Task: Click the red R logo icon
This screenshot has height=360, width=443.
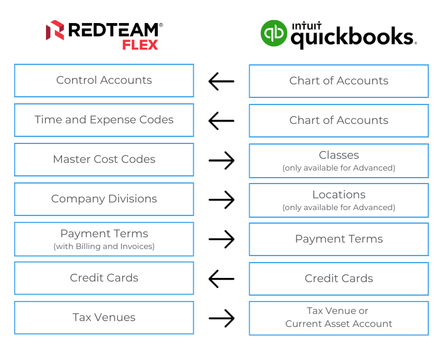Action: tap(55, 31)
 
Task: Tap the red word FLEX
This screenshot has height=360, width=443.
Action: tap(139, 45)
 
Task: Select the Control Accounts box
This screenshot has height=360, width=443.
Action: tap(104, 80)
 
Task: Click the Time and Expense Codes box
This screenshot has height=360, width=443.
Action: tap(104, 120)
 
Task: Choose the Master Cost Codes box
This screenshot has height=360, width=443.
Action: tap(104, 159)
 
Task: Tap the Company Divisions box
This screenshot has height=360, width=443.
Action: tap(104, 199)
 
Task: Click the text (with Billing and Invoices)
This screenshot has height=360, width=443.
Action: tap(104, 247)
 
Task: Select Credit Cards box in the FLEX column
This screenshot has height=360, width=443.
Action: tap(104, 278)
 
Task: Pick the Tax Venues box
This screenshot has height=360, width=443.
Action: tap(104, 318)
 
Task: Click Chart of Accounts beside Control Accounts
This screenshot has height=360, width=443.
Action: tap(338, 81)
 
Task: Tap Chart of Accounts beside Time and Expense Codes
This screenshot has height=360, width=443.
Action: tap(338, 120)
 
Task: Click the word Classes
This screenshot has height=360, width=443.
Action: tap(338, 155)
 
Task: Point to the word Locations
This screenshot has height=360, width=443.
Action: tap(338, 195)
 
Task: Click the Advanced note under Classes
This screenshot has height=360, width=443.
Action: tap(338, 168)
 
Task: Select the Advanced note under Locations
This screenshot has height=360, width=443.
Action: tap(338, 208)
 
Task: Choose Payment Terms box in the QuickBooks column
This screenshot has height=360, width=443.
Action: tap(338, 239)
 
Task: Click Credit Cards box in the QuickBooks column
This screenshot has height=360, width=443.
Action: tap(338, 279)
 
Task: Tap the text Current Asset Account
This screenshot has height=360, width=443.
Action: tap(338, 324)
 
